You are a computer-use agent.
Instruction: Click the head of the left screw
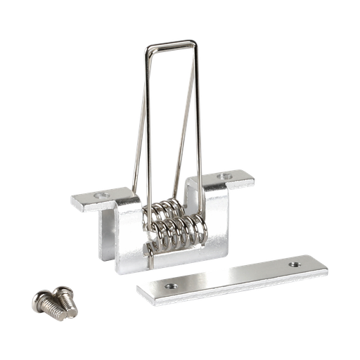point(41,300)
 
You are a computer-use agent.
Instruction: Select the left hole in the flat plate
point(169,287)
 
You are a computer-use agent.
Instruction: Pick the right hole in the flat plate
point(293,264)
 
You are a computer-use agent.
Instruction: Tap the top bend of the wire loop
point(170,44)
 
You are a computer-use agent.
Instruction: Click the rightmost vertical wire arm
point(200,120)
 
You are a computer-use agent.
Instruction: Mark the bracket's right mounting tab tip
point(251,181)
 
